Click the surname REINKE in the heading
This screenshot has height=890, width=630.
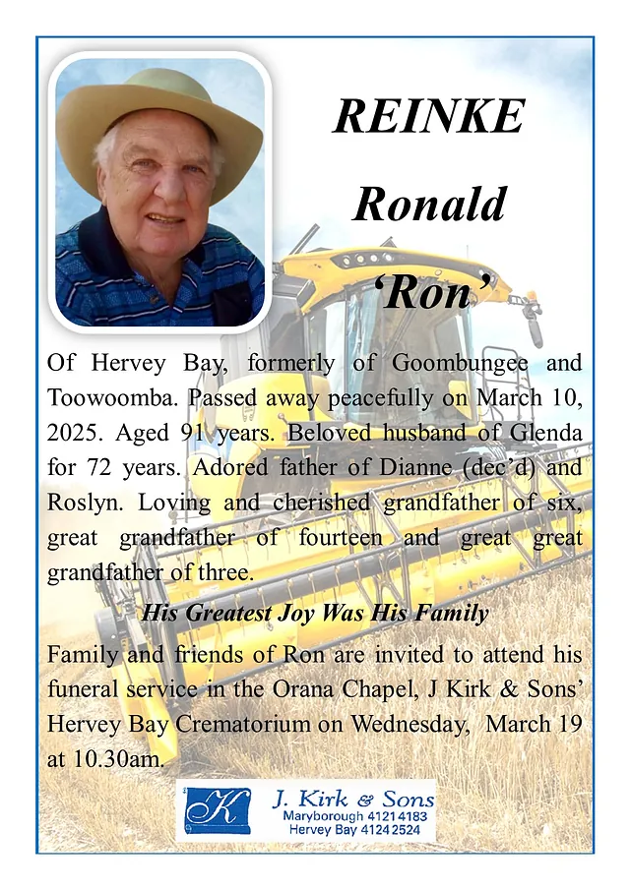[429, 118]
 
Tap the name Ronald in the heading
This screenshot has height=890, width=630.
[429, 205]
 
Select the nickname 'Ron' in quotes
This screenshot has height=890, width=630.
[430, 292]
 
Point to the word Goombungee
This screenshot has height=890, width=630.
[460, 362]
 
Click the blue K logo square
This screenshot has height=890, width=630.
[218, 810]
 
